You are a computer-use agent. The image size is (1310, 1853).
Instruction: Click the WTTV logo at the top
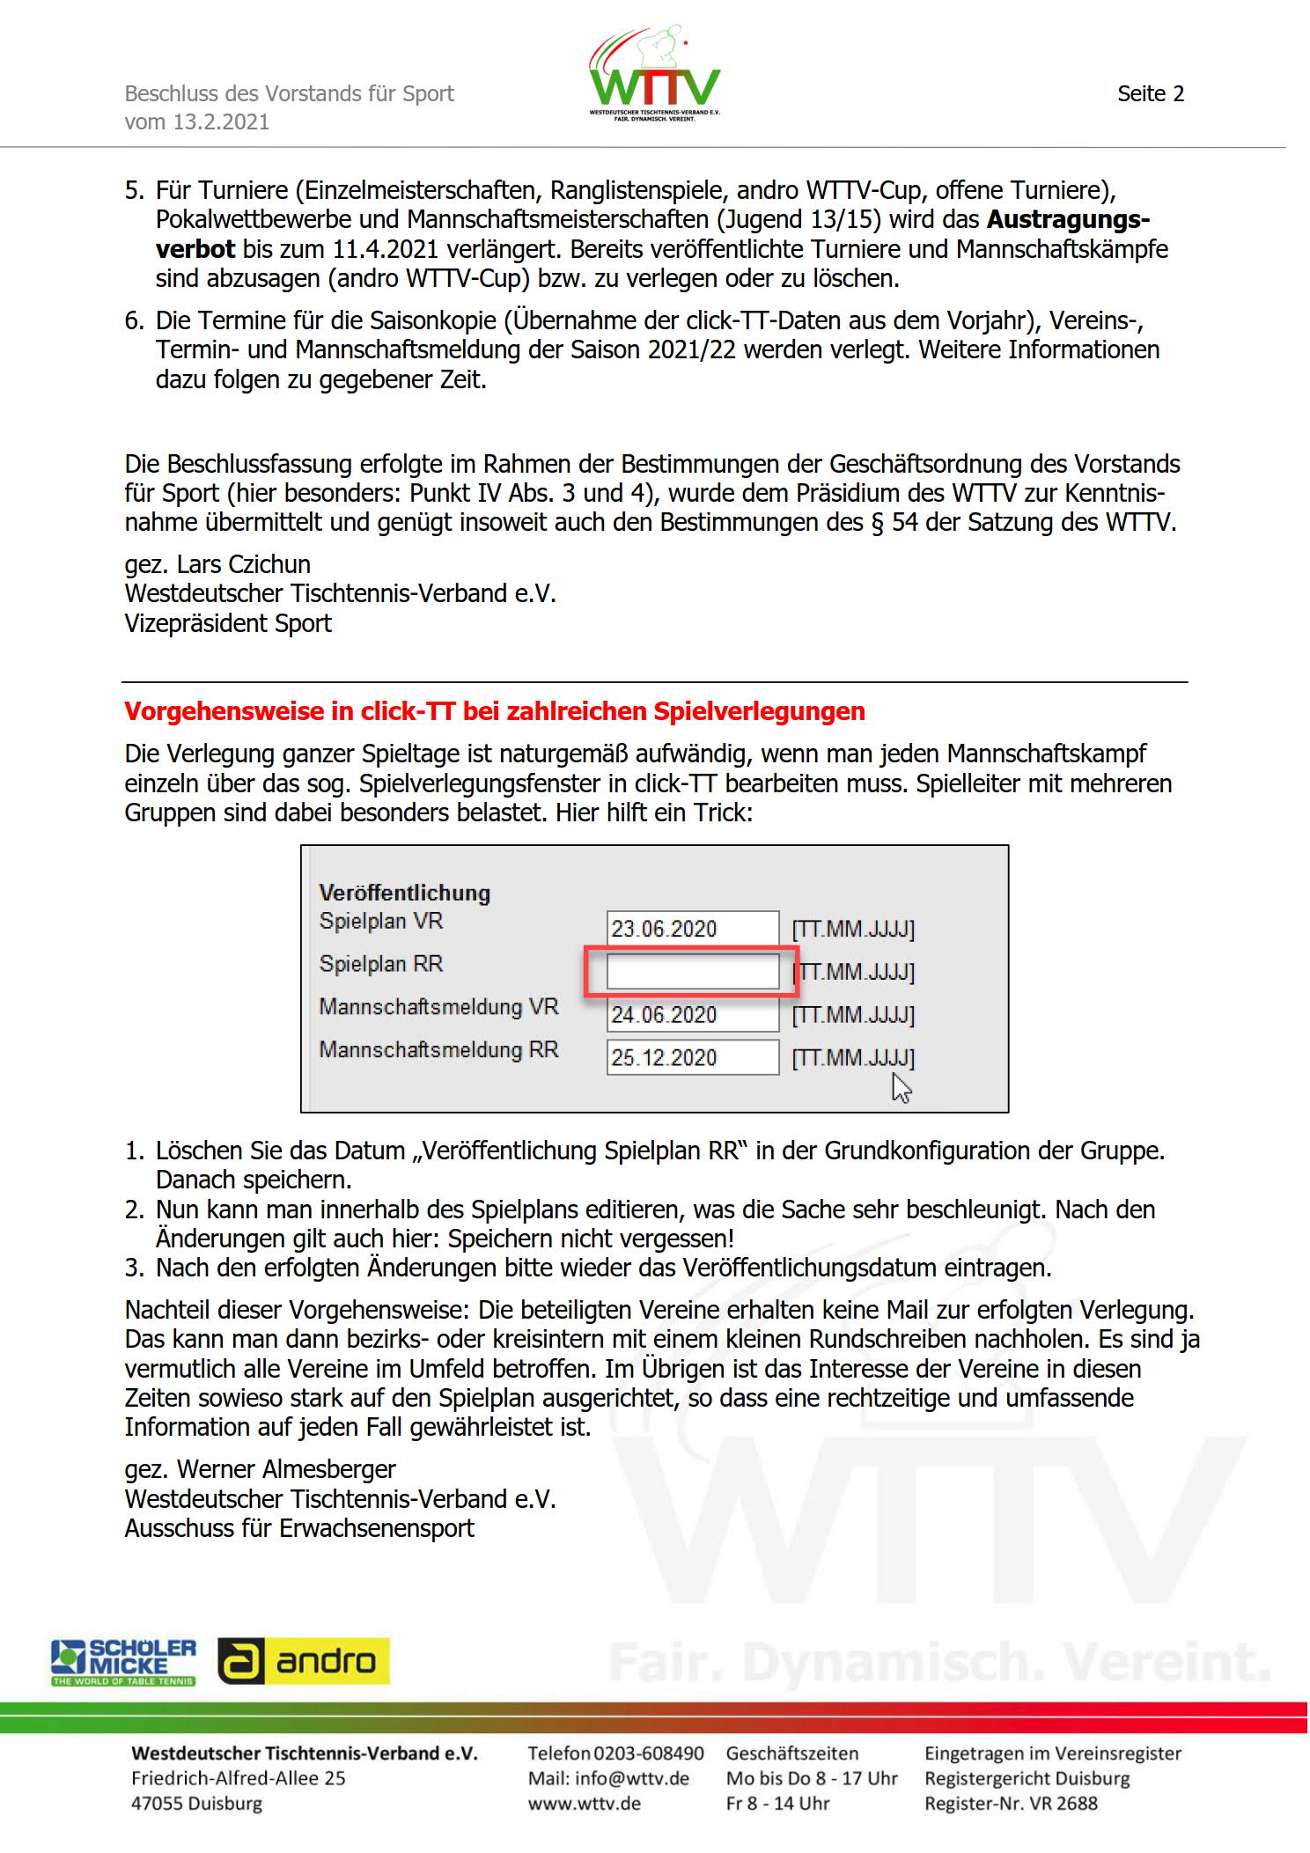click(654, 75)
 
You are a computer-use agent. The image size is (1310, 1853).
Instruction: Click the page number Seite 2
click(1150, 94)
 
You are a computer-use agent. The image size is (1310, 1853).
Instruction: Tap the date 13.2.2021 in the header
click(221, 122)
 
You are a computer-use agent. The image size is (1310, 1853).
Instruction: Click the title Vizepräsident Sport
click(228, 623)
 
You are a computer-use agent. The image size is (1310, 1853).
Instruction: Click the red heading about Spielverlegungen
click(494, 711)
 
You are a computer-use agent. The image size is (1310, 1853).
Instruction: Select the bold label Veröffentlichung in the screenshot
click(404, 893)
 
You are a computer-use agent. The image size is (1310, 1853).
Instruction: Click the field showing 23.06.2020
click(692, 929)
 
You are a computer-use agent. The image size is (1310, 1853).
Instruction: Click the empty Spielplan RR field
click(692, 972)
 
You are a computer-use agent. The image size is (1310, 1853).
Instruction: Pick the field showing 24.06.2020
click(692, 1015)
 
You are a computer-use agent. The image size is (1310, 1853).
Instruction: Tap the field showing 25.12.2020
click(692, 1057)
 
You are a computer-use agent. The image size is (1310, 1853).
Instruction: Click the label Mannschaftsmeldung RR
click(438, 1050)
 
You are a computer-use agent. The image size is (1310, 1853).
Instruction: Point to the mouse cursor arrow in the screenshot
click(901, 1088)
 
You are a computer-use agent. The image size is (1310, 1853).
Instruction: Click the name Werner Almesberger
click(285, 1469)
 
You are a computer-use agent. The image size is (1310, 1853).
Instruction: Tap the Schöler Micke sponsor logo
click(123, 1662)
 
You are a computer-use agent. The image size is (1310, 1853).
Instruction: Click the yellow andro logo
click(304, 1661)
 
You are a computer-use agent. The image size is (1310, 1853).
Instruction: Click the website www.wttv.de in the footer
click(585, 1804)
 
